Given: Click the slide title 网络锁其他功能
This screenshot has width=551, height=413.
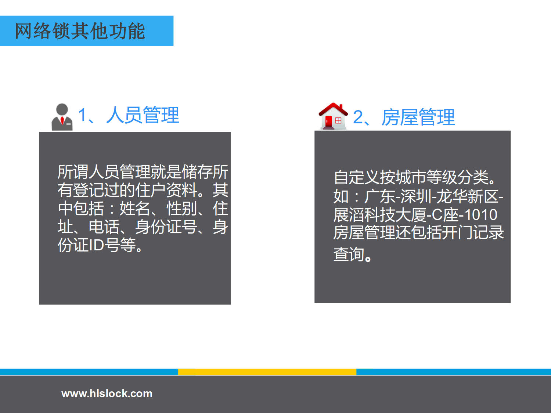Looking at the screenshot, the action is pos(80,31).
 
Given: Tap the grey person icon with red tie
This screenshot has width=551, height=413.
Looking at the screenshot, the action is pos(62,117).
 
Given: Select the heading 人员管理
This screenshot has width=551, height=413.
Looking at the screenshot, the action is pos(143,115).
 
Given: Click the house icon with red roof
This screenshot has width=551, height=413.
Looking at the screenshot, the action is pos(334,116).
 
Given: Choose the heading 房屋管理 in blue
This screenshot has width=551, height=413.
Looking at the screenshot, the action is pos(418,117).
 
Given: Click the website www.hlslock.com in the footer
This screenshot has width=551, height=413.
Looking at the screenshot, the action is pos(107,394).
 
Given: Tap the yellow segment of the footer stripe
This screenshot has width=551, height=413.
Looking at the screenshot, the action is pos(267,372).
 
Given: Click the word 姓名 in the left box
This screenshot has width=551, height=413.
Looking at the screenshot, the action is pos(135,209).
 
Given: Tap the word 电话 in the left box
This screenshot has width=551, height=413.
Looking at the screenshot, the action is pos(104,227).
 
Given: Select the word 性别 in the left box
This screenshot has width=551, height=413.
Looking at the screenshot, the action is pos(181,209).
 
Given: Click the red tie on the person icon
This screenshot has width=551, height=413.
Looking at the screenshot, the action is pos(62,120).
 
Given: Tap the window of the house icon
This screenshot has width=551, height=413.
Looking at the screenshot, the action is pos(338,121).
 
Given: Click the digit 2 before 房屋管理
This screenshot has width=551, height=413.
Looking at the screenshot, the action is pos(358,117).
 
